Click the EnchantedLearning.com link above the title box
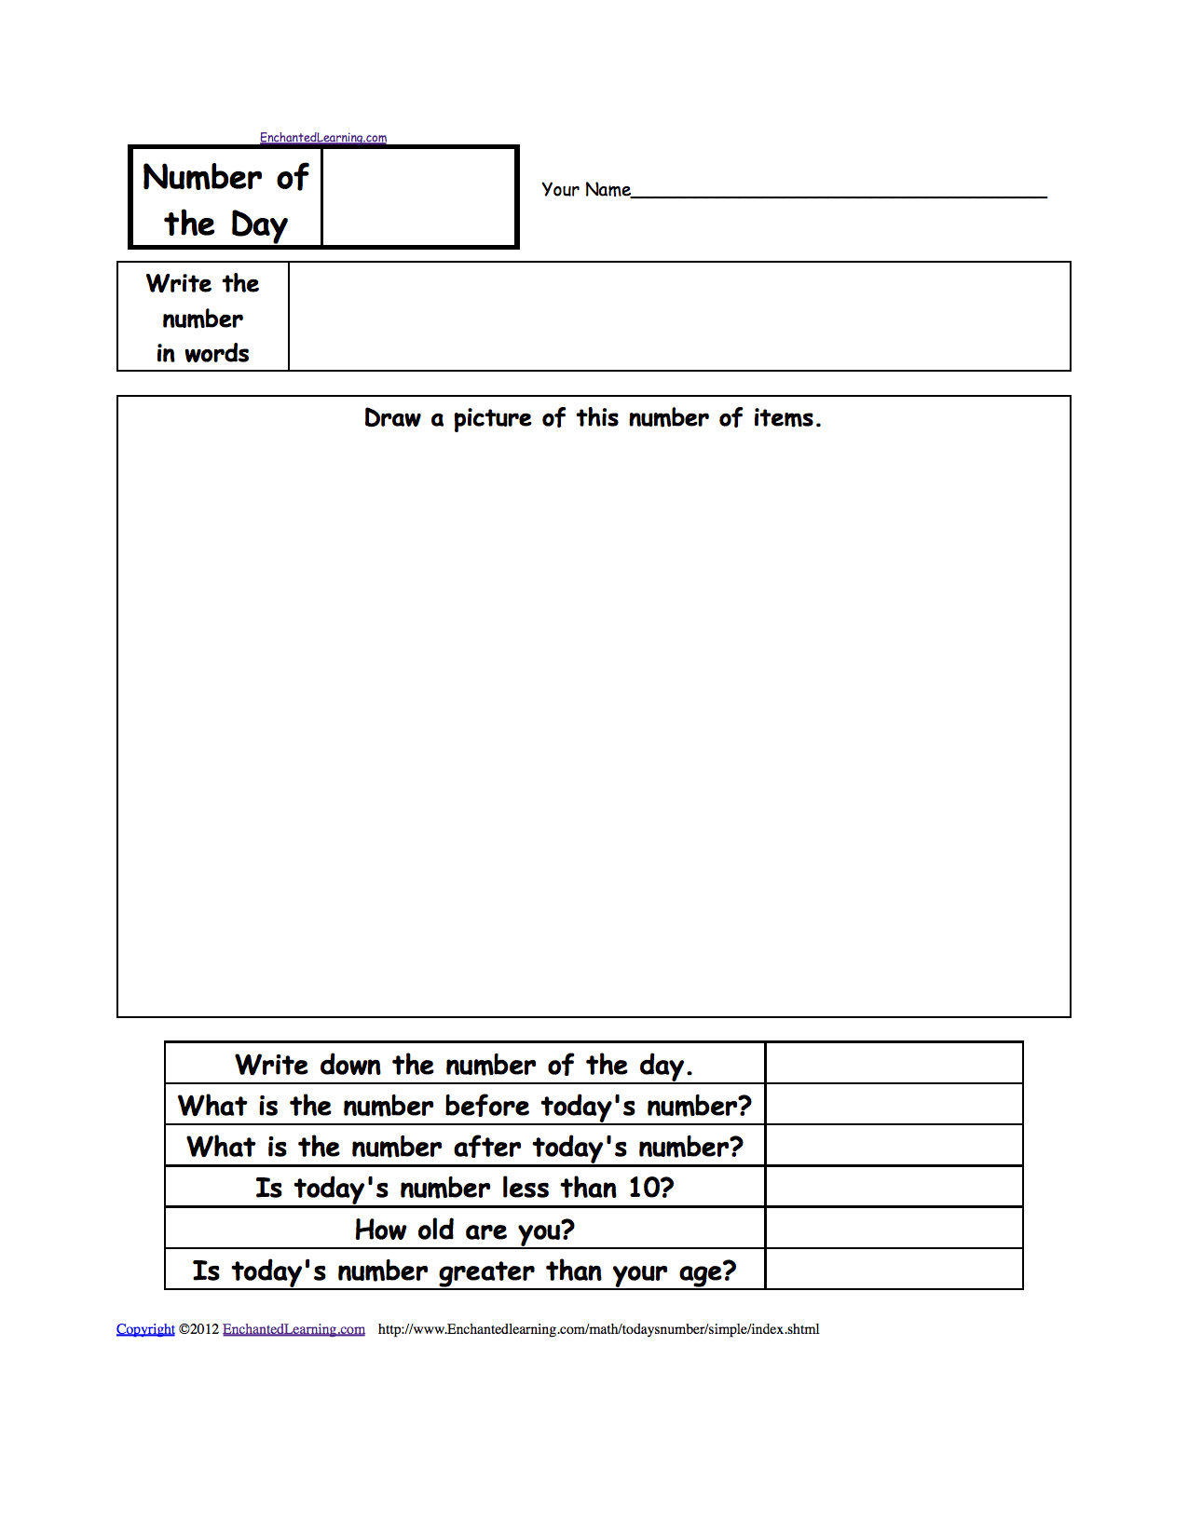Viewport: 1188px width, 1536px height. [322, 138]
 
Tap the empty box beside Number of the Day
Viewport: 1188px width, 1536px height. [418, 197]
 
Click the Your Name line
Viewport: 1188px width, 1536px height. [839, 190]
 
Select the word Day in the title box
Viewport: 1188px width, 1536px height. [259, 224]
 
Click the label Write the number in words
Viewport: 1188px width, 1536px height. [202, 318]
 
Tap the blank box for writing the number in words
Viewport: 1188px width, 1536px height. [678, 317]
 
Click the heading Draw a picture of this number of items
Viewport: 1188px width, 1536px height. [593, 418]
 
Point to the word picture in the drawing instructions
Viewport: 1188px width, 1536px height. [492, 418]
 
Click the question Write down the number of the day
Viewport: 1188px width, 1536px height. [464, 1065]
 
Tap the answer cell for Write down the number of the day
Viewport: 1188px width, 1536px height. [894, 1063]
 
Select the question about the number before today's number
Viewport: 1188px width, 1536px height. [464, 1106]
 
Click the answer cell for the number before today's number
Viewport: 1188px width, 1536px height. [894, 1105]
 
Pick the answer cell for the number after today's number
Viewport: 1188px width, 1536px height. [894, 1146]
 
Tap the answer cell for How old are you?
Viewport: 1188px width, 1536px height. [894, 1229]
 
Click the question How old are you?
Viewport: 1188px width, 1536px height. [464, 1230]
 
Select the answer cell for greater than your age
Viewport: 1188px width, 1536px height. [894, 1270]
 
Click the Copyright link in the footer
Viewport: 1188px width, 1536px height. [145, 1329]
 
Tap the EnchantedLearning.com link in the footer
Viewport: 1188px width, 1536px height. [294, 1329]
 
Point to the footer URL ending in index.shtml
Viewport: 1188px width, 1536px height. [598, 1329]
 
